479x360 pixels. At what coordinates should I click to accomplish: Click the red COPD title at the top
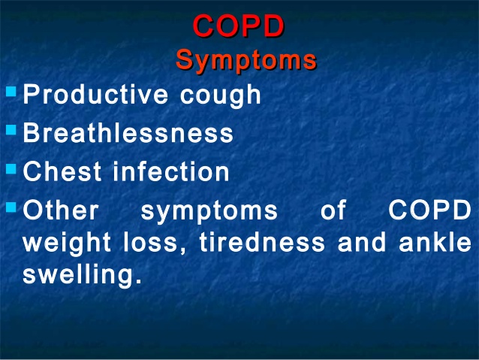[x=239, y=26]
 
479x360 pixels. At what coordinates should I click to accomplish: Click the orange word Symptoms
[x=246, y=60]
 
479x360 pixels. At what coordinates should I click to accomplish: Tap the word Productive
[x=95, y=94]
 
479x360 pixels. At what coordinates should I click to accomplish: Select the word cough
[x=220, y=95]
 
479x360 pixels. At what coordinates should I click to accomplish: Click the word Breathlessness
[x=128, y=132]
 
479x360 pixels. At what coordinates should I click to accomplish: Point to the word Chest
[x=62, y=171]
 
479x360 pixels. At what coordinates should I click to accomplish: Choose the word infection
[x=171, y=171]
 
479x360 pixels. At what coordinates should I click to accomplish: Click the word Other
[x=61, y=210]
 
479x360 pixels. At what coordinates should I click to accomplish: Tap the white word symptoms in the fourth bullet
[x=209, y=211]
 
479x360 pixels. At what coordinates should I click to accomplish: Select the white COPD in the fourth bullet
[x=429, y=210]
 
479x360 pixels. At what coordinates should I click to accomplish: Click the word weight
[x=67, y=244]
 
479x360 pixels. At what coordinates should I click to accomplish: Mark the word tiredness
[x=262, y=242]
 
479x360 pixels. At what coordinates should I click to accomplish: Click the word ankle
[x=435, y=242]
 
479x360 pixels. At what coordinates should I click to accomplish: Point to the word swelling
[x=82, y=274]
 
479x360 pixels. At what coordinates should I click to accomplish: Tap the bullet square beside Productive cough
[x=11, y=92]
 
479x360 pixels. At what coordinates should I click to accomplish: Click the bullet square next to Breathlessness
[x=11, y=130]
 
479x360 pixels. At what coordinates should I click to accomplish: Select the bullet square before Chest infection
[x=11, y=169]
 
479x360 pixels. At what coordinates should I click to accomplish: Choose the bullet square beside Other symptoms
[x=11, y=207]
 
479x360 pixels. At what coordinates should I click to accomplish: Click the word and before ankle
[x=362, y=242]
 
